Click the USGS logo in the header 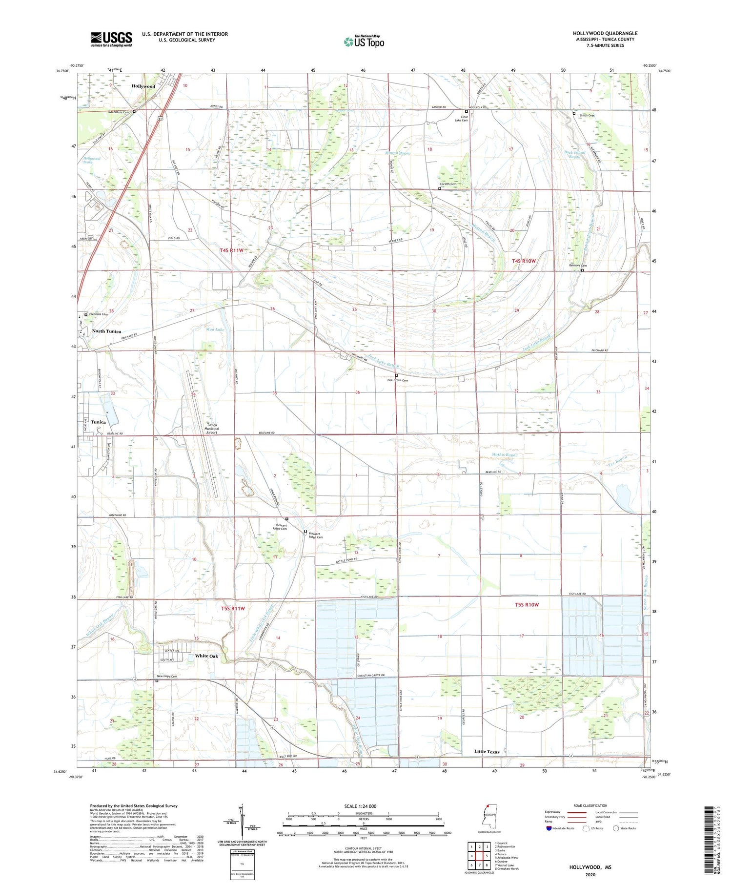[111, 39]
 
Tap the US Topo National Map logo [364, 41]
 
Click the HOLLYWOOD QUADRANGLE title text [605, 33]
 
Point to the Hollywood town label [143, 86]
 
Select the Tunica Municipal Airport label [211, 428]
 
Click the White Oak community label [206, 656]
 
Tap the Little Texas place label [487, 752]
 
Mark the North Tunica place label [106, 331]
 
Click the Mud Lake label [215, 329]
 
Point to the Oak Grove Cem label [397, 380]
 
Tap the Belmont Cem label [577, 266]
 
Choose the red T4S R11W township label [231, 250]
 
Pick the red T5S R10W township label [527, 604]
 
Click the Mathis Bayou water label [504, 455]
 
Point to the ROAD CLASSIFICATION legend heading [590, 806]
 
